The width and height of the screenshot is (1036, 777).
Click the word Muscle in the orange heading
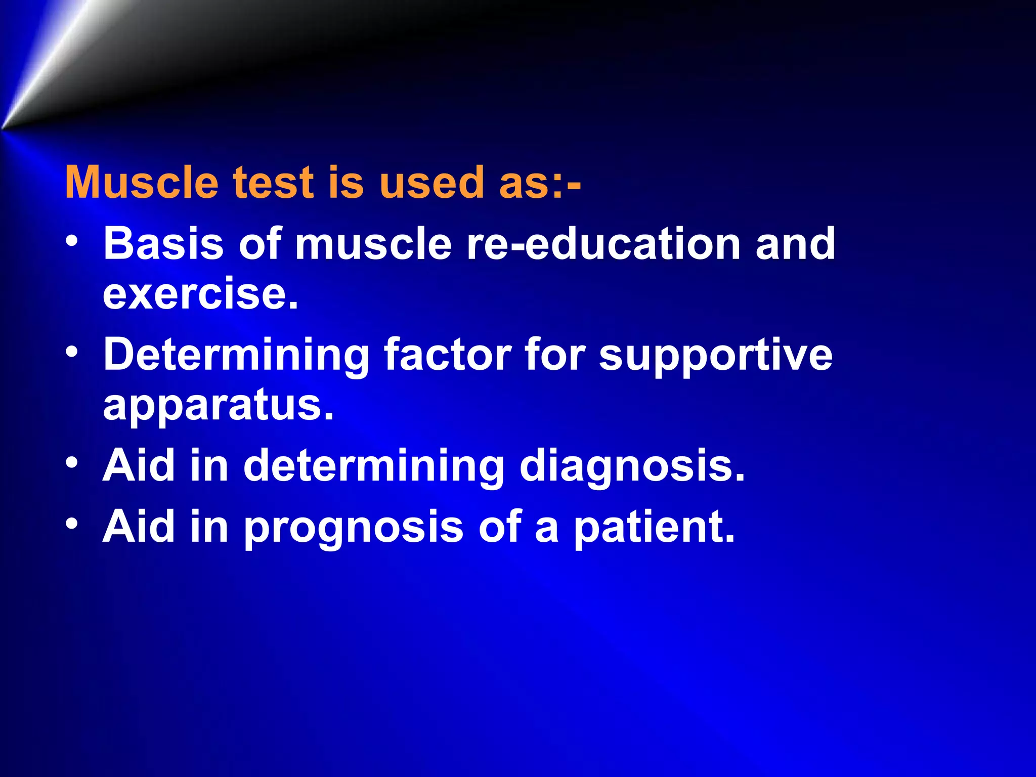142,183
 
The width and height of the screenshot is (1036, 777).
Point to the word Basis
163,244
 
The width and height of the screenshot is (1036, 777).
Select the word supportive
715,356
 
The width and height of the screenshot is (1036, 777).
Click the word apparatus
218,406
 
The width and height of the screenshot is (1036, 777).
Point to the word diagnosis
632,466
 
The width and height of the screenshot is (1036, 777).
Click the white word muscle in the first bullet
373,244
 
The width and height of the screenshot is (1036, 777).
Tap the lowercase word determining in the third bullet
373,466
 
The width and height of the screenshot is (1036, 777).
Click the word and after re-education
795,244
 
